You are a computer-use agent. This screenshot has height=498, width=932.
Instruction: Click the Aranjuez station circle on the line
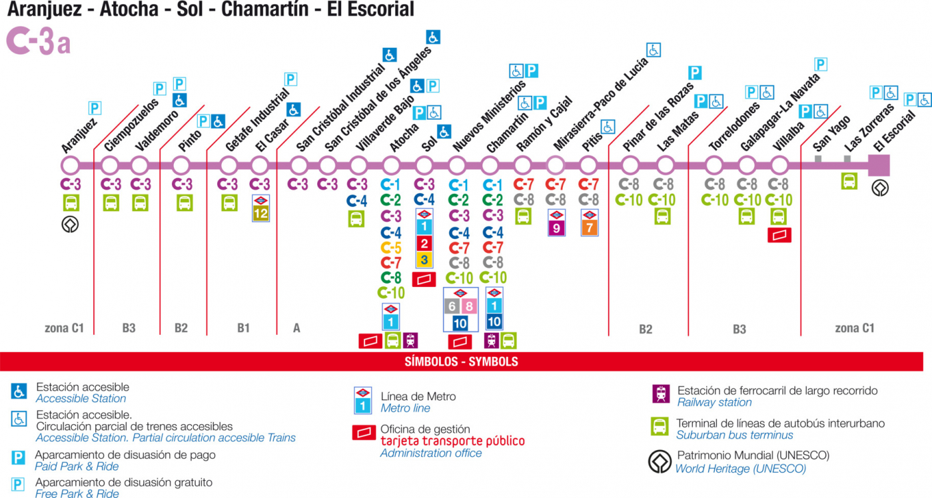click(71, 166)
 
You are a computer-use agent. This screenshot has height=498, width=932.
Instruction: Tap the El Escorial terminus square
click(879, 166)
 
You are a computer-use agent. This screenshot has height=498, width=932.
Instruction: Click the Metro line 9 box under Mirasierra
click(556, 228)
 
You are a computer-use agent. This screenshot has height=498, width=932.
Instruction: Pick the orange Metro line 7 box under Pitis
click(590, 228)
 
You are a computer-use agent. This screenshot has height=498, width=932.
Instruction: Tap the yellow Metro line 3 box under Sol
click(424, 260)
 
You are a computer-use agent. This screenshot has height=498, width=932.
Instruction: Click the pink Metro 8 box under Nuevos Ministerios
click(469, 306)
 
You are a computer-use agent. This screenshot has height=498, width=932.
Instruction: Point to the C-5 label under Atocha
click(390, 248)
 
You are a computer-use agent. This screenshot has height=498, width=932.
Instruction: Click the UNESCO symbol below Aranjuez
click(71, 225)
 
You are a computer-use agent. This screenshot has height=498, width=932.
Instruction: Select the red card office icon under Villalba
click(779, 235)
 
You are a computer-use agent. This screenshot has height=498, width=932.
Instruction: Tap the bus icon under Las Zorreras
click(849, 181)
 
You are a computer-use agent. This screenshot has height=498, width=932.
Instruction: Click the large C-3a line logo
click(38, 41)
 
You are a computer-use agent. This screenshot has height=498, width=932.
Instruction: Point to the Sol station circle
click(424, 166)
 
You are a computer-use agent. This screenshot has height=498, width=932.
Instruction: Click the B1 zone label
click(243, 328)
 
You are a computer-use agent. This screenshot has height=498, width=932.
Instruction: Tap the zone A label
click(296, 328)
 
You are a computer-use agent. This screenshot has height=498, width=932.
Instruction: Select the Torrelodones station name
click(734, 126)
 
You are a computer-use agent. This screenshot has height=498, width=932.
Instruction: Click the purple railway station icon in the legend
click(661, 393)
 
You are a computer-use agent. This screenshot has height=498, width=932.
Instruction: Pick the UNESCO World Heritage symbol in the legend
click(660, 461)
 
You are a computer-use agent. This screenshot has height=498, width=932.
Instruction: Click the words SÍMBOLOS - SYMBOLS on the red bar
click(462, 362)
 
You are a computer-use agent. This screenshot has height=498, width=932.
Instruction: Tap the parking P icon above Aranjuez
click(95, 109)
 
